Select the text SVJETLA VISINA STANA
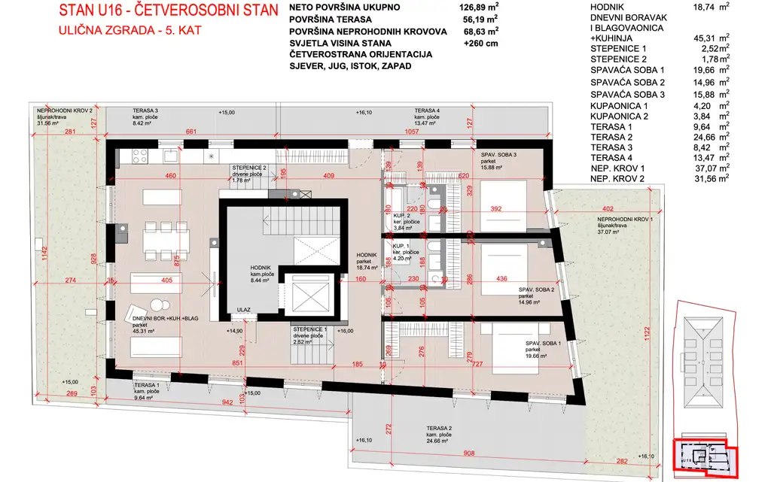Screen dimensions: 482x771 point(338,43)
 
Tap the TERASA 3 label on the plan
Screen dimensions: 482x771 point(145,111)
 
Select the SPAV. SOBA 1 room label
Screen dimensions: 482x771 point(544,344)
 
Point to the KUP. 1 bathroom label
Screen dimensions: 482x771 point(400,246)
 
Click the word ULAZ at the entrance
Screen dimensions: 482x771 point(243,309)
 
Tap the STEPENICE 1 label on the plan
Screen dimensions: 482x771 point(309,330)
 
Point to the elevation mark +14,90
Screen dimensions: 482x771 point(235,329)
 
